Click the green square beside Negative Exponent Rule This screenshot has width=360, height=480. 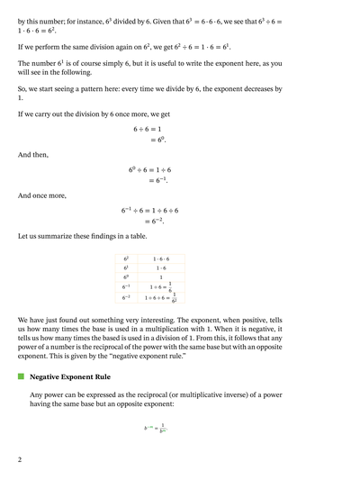click(x=22, y=377)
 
